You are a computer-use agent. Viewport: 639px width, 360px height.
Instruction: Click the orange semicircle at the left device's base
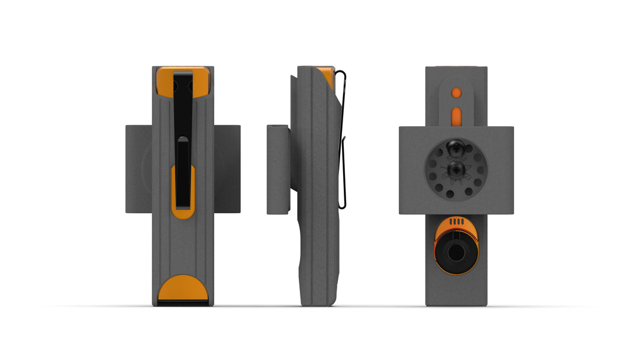tap(183, 288)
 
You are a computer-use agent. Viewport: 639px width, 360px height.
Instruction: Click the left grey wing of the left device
tap(138, 169)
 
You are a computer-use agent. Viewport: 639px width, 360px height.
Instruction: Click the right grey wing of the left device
tap(227, 169)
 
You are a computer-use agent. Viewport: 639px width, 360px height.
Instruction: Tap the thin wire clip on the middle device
tap(344, 148)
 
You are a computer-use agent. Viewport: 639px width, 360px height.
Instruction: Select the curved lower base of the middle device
tap(317, 278)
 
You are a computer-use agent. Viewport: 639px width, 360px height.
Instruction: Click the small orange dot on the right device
tap(456, 92)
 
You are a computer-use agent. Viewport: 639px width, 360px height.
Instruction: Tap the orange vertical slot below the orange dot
tap(456, 115)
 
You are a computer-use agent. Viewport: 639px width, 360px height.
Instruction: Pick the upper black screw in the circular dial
tap(456, 148)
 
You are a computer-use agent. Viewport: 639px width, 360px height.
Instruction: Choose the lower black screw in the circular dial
tap(456, 171)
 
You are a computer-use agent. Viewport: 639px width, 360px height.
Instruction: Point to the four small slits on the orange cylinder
tap(456, 221)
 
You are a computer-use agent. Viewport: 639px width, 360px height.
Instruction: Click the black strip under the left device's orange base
tap(183, 303)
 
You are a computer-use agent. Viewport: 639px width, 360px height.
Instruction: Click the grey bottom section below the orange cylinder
tap(456, 290)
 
